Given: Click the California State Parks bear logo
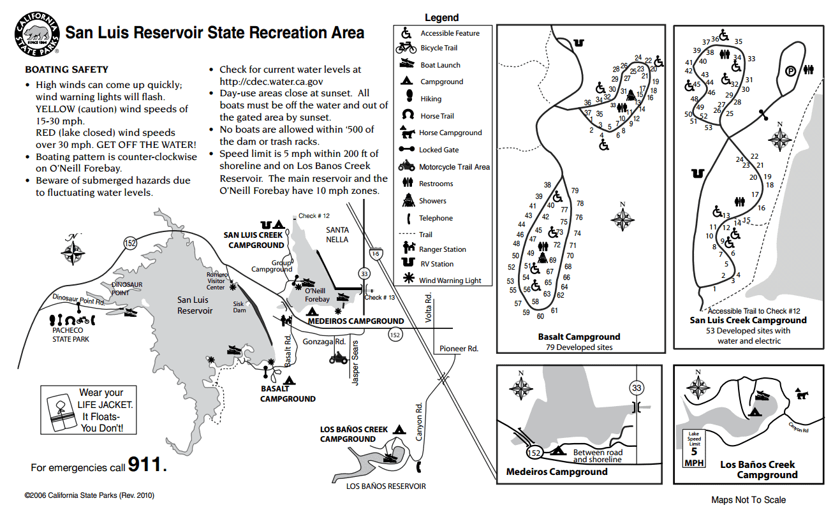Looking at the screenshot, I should point(36,34).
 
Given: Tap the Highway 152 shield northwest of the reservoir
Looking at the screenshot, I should point(130,243).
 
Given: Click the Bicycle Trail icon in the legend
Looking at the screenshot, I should point(406,48).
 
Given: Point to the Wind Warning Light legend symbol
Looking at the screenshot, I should point(406,280).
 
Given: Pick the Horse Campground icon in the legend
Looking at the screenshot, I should point(406,132).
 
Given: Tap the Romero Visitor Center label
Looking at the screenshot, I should point(216,281).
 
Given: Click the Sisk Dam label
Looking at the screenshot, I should point(239,307).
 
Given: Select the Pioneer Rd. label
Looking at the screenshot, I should point(459,349).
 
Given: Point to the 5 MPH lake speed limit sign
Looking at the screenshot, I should point(693,448).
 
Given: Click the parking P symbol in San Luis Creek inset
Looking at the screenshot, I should point(790,71).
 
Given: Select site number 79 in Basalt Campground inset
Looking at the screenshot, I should point(575,191).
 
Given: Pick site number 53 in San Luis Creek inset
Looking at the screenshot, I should point(708,127).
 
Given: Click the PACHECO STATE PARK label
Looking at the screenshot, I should point(70,335).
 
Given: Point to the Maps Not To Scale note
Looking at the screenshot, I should point(748,500).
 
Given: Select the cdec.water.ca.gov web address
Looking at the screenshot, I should point(271,82).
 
